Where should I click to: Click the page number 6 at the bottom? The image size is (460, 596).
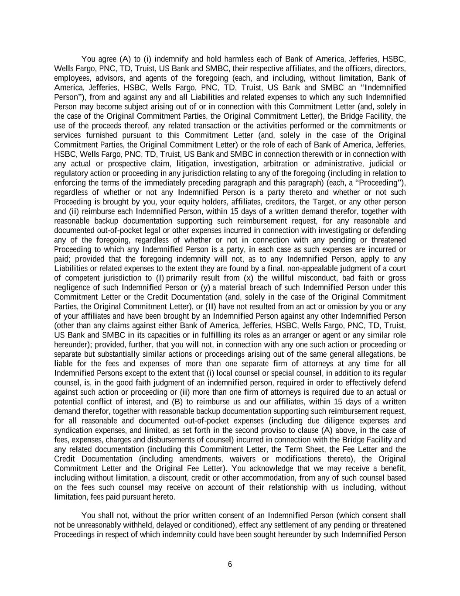click(230, 564)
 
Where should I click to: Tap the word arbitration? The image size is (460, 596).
click(279, 164)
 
